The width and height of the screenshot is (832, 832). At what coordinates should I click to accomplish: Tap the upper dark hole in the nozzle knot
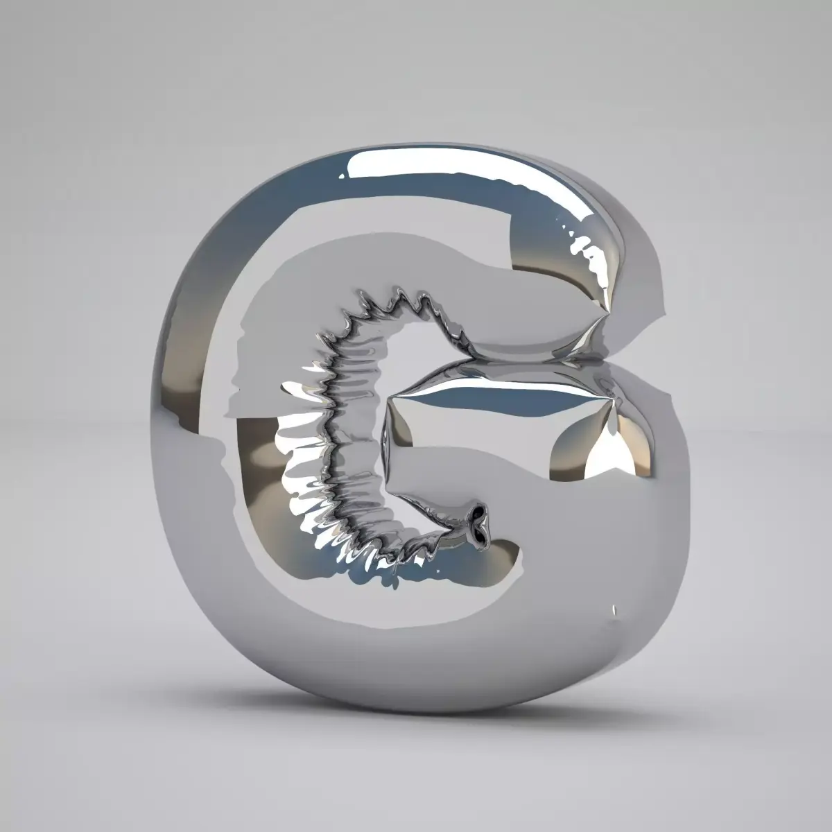(x=478, y=513)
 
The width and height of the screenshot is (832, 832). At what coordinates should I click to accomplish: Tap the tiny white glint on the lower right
(x=614, y=611)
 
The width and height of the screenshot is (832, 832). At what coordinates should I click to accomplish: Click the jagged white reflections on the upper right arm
(x=589, y=257)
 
